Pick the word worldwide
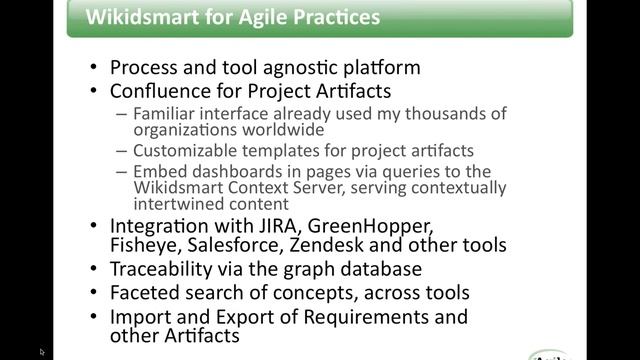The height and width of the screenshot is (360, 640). click(277, 129)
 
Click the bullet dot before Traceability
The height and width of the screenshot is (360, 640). click(93, 269)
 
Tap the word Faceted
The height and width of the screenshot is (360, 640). click(144, 293)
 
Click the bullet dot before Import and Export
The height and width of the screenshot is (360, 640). click(93, 317)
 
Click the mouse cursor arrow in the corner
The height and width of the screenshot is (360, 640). click(43, 352)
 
